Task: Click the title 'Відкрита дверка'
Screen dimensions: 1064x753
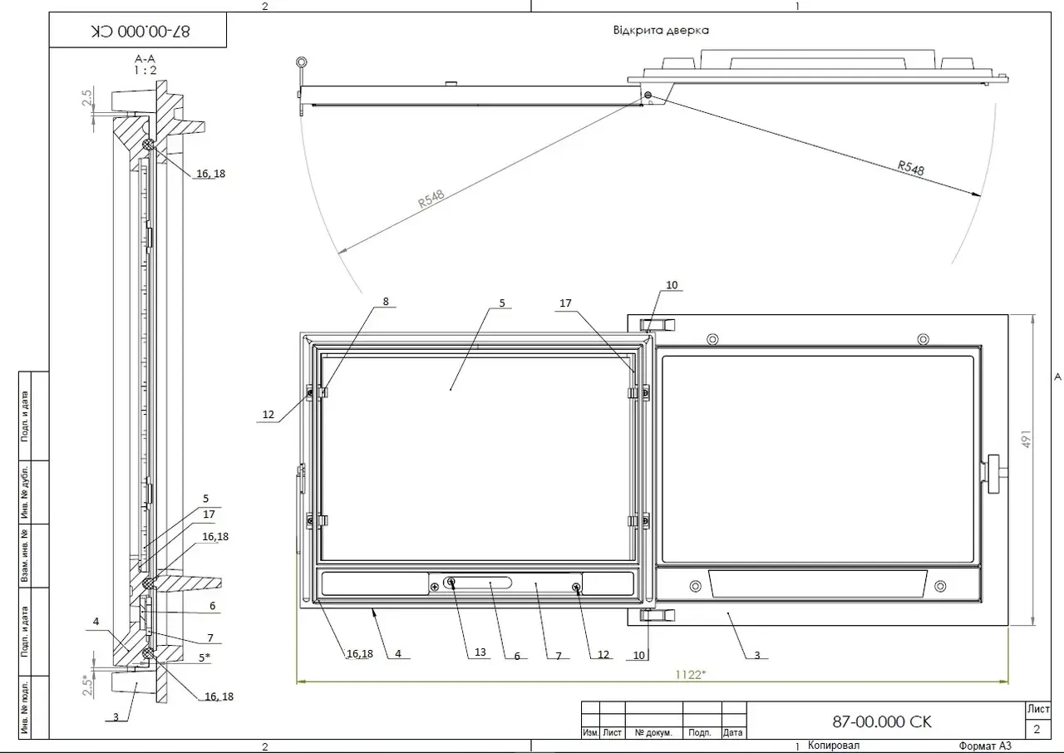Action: coord(661,31)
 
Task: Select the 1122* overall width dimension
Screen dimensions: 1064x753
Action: coord(690,675)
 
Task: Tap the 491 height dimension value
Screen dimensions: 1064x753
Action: coord(1026,439)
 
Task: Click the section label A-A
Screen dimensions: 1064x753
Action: coord(145,59)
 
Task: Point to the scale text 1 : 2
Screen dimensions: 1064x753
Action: coord(145,71)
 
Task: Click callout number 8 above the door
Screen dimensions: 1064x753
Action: coord(386,302)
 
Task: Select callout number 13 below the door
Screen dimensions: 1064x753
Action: coord(480,652)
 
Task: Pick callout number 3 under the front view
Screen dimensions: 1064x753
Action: coord(757,655)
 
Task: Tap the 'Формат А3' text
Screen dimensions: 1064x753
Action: coord(985,746)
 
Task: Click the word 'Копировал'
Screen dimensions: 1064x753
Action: coord(834,746)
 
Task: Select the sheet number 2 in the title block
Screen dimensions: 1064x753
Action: coord(1037,729)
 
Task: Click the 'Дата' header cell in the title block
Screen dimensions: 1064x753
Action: coord(732,732)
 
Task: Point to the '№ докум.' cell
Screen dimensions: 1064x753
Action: coord(653,732)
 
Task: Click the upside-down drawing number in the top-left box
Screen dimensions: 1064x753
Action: coord(140,32)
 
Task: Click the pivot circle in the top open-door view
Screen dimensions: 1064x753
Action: coord(648,95)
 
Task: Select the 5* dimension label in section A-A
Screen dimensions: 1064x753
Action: coord(204,657)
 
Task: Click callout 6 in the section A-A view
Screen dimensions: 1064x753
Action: coord(212,606)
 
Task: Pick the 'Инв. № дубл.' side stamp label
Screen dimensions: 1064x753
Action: coord(25,492)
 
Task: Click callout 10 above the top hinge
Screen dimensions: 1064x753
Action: coord(672,285)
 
